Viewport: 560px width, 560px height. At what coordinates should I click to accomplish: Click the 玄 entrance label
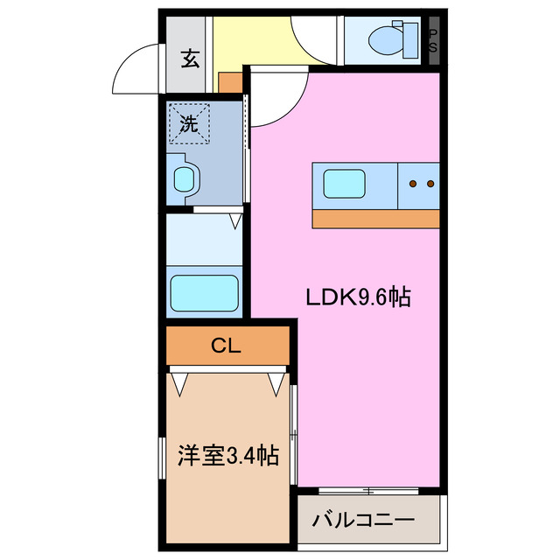click(190, 59)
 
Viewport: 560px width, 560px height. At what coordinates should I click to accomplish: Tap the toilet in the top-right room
click(385, 39)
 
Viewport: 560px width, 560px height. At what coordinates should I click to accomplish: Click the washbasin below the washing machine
click(185, 180)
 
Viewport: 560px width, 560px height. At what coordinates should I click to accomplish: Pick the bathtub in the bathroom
click(203, 290)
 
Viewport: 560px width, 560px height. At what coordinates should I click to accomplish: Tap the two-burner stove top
click(421, 184)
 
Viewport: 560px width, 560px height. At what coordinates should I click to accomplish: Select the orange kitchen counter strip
click(376, 219)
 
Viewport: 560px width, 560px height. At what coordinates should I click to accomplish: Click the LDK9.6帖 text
click(357, 297)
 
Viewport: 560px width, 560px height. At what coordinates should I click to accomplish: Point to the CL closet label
click(226, 346)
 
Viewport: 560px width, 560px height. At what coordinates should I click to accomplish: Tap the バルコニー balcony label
click(363, 521)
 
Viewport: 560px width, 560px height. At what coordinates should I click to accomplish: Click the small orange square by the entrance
click(229, 81)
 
